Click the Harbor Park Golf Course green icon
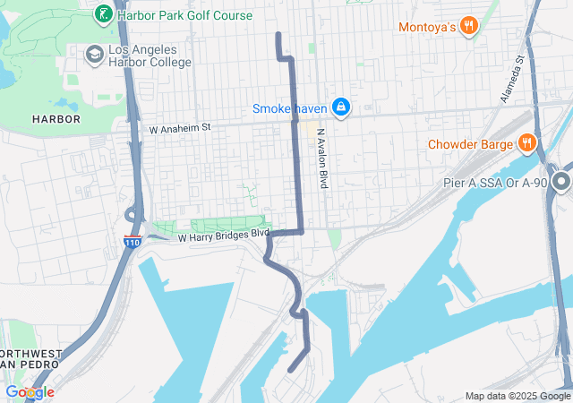click(x=104, y=14)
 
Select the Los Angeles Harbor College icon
click(x=94, y=56)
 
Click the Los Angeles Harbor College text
click(x=149, y=56)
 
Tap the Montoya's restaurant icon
click(x=467, y=27)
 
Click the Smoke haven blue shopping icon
click(x=340, y=108)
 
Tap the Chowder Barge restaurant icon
click(x=526, y=142)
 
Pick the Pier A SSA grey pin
click(x=561, y=183)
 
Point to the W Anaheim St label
click(x=179, y=128)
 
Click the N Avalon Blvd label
click(x=321, y=158)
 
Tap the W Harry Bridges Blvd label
click(x=223, y=237)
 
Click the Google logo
click(x=30, y=392)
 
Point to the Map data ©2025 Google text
click(x=517, y=396)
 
